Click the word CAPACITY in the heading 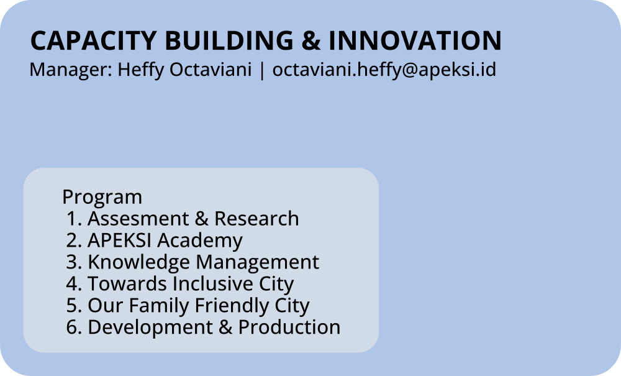point(94,40)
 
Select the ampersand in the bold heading point(311,40)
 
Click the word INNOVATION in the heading point(415,40)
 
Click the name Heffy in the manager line point(140,70)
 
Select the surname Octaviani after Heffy point(211,70)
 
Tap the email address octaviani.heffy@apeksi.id point(384,70)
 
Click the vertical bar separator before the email point(262,70)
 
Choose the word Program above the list point(102,197)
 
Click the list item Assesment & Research point(193,219)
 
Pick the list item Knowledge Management point(203,262)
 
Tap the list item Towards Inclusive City point(191,284)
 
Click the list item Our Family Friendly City point(199,306)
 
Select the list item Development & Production point(214,328)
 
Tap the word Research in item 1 point(256,219)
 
